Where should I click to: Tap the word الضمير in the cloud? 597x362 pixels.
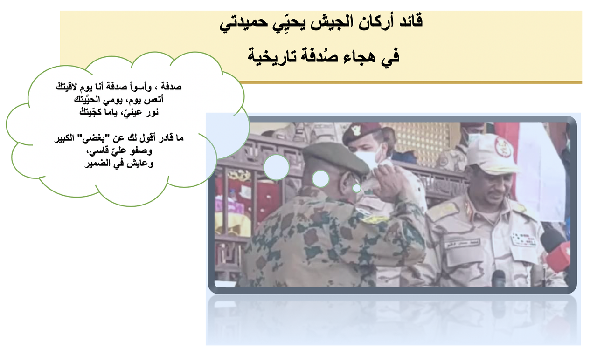[97, 163]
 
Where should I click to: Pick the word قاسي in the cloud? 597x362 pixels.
[97, 151]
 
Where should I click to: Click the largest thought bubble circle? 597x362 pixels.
[277, 167]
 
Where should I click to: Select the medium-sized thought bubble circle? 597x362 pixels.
[320, 179]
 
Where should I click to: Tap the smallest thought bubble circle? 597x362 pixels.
[357, 188]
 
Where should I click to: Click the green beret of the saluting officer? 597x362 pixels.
[335, 157]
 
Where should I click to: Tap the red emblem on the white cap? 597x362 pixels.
[504, 147]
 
